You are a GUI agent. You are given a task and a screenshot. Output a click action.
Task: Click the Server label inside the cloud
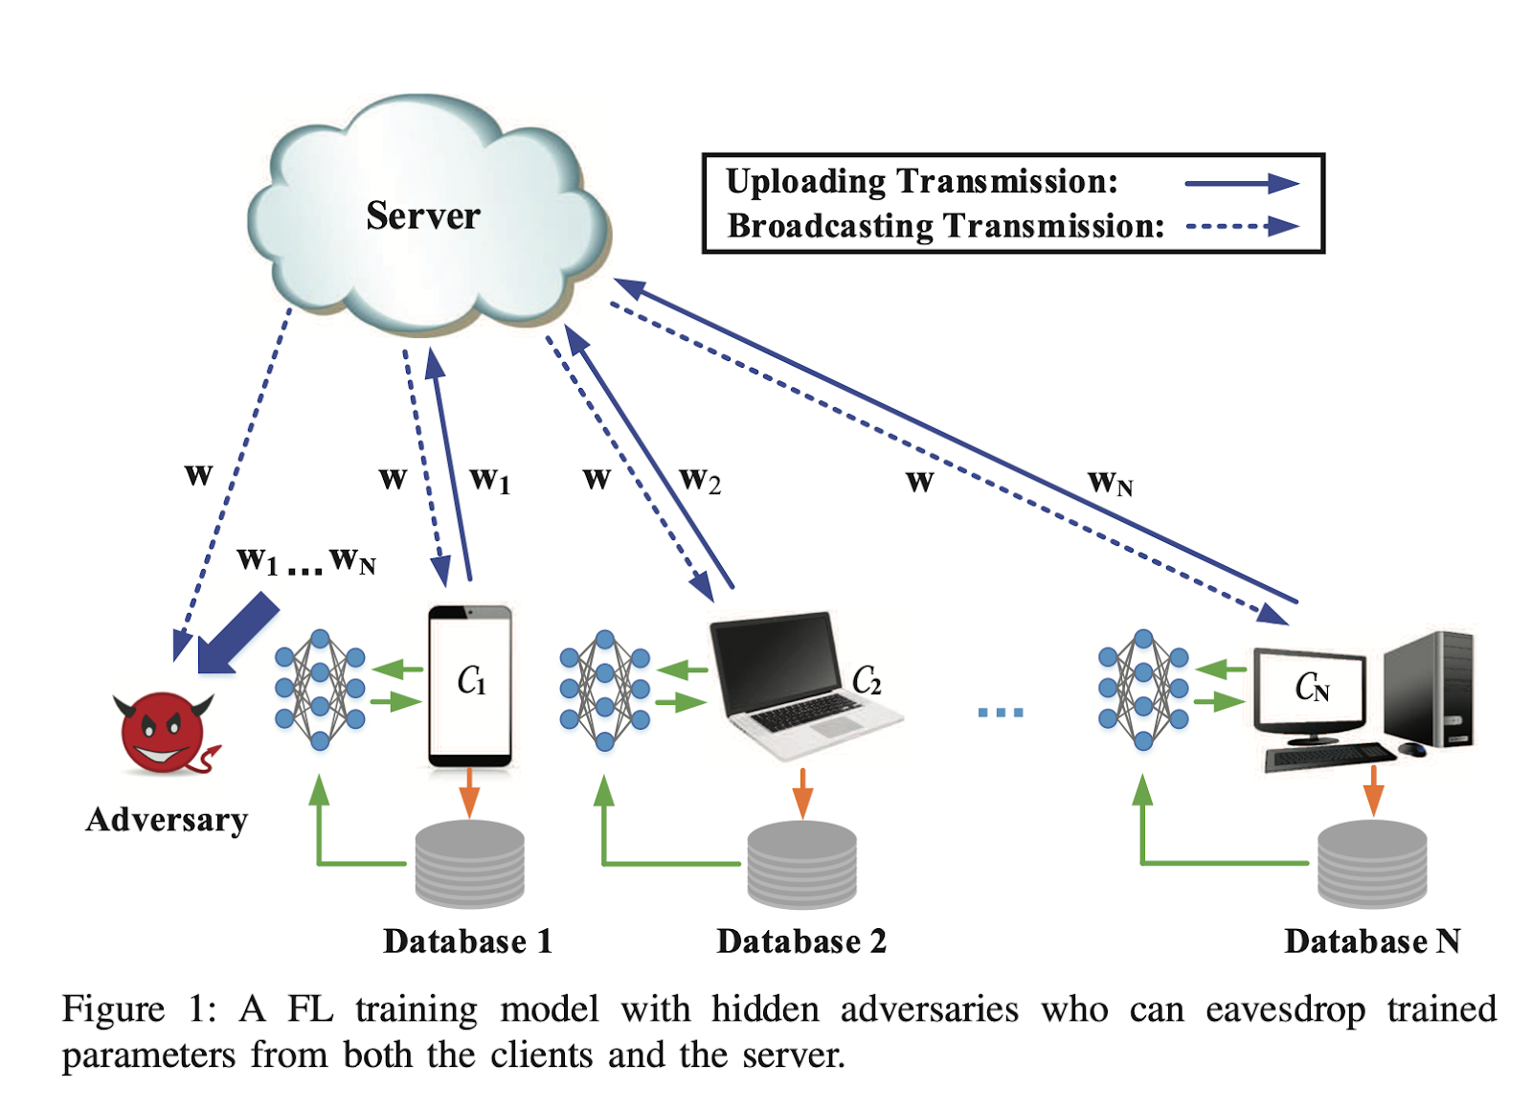[x=422, y=216]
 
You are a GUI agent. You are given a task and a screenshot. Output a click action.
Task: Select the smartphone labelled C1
[x=469, y=685]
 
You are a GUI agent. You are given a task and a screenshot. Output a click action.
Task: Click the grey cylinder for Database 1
[x=469, y=864]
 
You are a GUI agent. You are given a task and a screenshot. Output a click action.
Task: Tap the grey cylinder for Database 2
[x=801, y=865]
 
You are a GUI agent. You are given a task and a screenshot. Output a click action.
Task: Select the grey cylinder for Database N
[x=1372, y=864]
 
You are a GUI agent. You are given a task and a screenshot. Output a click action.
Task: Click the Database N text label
[x=1371, y=941]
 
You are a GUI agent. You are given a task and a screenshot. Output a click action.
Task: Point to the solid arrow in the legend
[x=1241, y=183]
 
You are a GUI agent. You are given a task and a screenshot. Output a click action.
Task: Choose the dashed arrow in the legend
[x=1241, y=227]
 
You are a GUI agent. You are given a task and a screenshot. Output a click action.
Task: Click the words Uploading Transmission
[x=921, y=181]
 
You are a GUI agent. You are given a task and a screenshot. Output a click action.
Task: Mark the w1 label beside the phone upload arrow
[x=489, y=480]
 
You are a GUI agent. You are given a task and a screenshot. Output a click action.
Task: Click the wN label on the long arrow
[x=1110, y=483]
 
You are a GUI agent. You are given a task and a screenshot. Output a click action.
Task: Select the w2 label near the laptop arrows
[x=699, y=480]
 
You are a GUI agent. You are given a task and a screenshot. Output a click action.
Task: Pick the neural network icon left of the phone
[x=320, y=689]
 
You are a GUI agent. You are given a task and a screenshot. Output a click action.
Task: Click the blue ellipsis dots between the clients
[x=1000, y=712]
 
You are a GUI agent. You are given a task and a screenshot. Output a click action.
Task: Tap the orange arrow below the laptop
[x=802, y=791]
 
